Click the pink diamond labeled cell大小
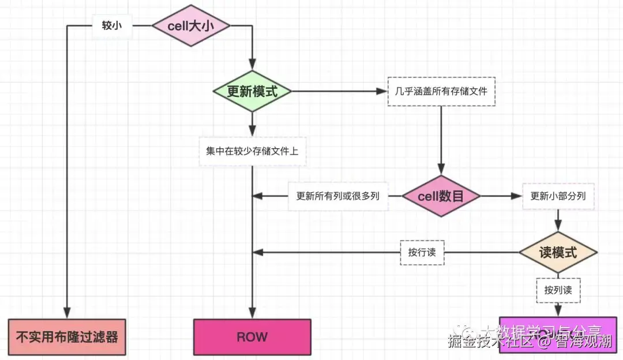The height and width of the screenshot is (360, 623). [190, 25]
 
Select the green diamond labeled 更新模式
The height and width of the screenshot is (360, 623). [252, 92]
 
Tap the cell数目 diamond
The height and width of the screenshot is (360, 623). [441, 196]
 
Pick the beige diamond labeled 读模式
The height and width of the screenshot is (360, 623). [558, 252]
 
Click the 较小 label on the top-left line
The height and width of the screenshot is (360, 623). [112, 25]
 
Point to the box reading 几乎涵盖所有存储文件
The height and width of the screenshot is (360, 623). [441, 92]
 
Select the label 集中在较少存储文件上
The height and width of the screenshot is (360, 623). [252, 151]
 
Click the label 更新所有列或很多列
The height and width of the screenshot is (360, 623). [337, 196]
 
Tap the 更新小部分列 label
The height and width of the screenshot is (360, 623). [558, 196]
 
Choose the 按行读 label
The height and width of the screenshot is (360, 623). [422, 252]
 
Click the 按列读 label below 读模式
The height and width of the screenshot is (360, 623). [558, 290]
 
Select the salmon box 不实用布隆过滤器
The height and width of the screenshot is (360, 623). [67, 336]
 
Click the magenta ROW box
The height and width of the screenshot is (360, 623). [252, 336]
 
